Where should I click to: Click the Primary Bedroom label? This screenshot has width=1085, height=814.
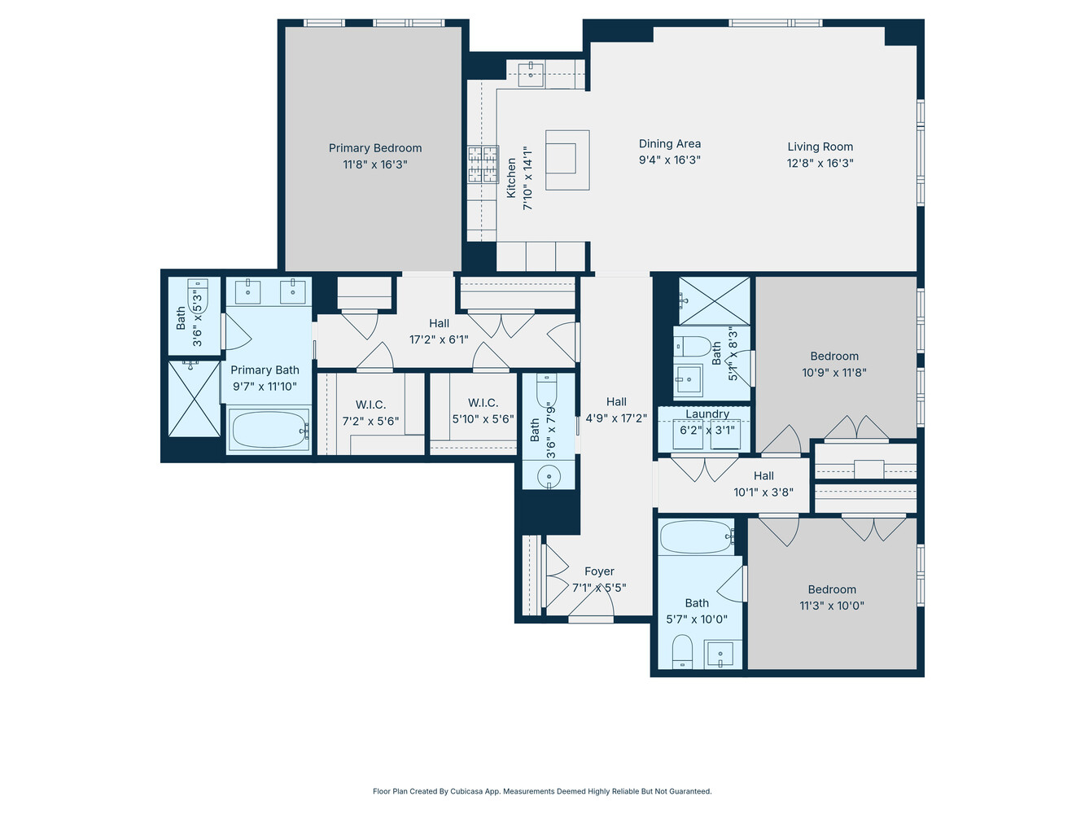tap(375, 148)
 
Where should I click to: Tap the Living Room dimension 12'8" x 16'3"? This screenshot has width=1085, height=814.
tap(820, 163)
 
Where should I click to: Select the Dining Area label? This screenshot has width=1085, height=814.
tap(669, 143)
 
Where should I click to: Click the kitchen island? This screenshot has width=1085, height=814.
tap(567, 159)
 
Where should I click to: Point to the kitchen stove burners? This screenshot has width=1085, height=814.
tap(483, 164)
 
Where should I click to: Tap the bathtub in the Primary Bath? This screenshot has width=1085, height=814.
tap(269, 430)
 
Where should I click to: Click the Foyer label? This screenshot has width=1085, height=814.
tap(599, 571)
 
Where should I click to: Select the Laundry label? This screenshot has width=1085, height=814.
tap(707, 414)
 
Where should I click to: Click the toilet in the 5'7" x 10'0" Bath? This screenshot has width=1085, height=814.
tap(682, 651)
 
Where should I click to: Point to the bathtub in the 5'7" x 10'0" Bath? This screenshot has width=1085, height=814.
tap(697, 536)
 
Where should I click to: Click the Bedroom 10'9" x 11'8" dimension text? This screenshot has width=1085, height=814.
tap(834, 373)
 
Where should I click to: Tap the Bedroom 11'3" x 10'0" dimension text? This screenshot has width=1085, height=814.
tap(832, 606)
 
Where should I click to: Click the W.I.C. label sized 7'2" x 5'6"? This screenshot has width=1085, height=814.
tap(370, 405)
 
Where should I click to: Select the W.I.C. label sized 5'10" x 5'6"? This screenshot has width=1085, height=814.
tap(483, 403)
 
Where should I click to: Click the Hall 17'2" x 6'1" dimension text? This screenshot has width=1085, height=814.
tap(439, 339)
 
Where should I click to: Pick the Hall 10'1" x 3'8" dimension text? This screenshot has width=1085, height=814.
tap(763, 492)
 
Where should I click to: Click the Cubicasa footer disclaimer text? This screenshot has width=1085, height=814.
tap(542, 791)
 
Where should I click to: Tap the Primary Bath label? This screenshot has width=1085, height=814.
tap(265, 370)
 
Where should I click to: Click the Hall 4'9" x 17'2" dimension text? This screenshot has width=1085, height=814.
tap(616, 418)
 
